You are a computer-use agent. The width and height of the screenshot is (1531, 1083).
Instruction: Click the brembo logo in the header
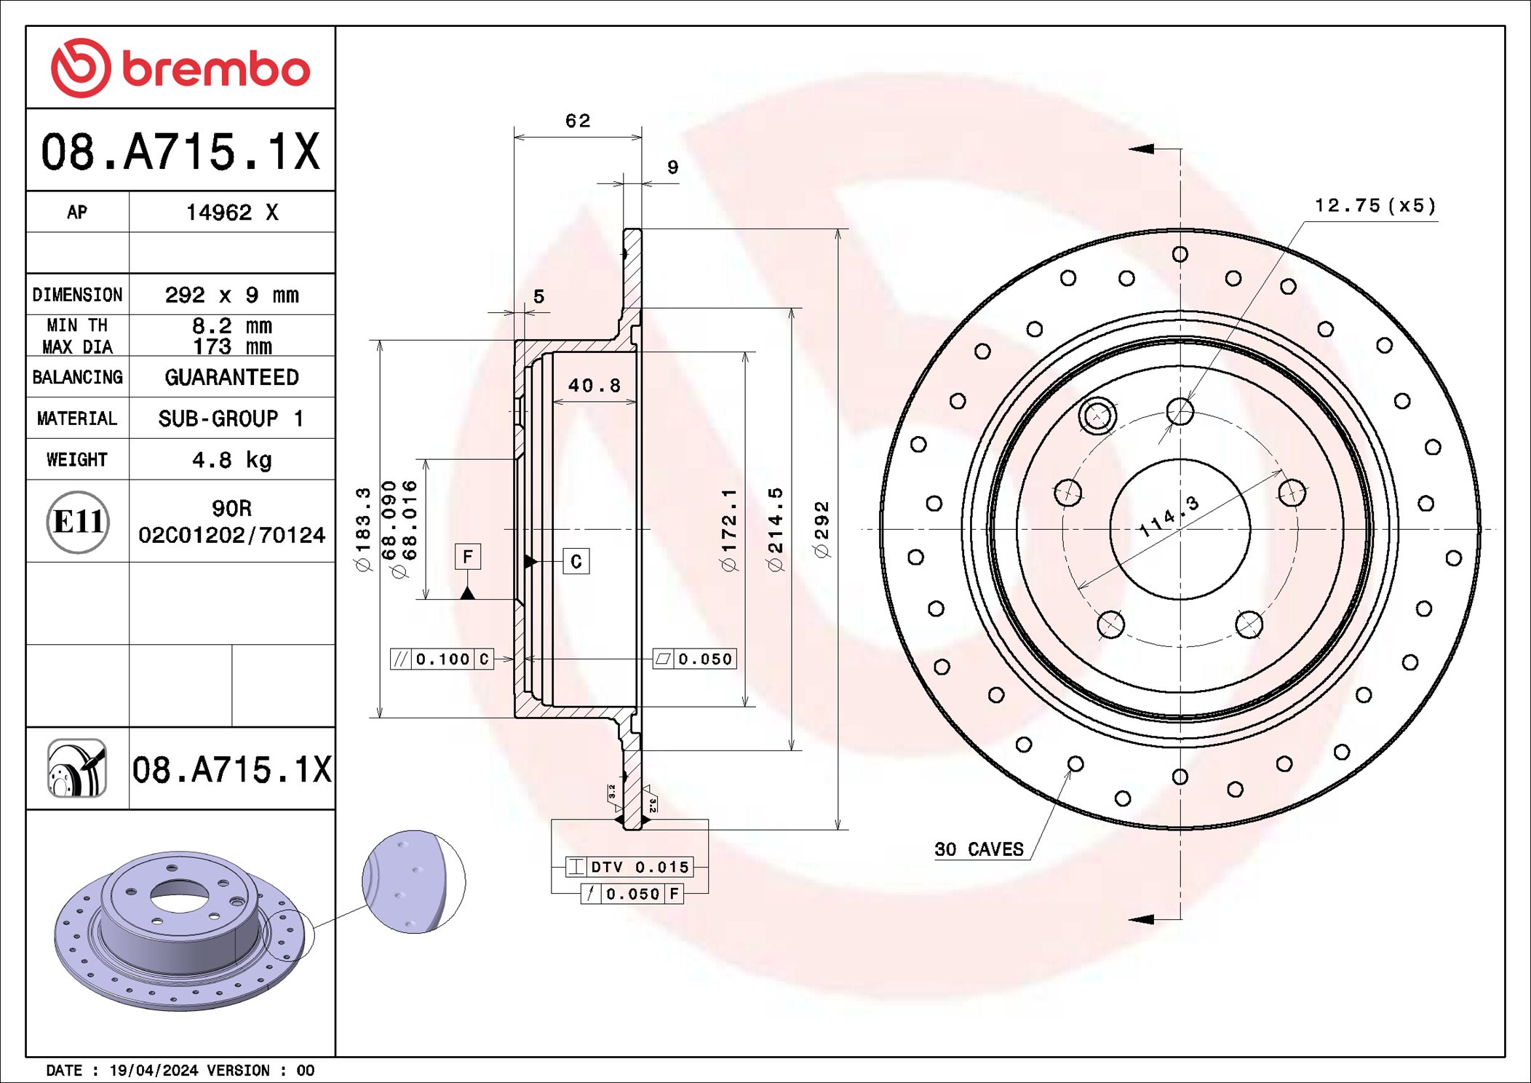pos(180,68)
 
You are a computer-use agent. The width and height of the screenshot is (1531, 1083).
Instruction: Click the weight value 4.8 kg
pos(231,460)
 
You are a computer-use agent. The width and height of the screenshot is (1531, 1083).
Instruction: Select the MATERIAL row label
pos(77,418)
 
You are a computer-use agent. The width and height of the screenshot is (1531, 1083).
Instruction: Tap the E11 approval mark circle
pos(78,522)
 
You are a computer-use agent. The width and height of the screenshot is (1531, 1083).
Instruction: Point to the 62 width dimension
pos(578,121)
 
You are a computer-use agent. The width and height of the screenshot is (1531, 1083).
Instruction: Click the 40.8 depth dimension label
pos(594,385)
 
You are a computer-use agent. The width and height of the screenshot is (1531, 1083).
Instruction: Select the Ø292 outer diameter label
pos(822,529)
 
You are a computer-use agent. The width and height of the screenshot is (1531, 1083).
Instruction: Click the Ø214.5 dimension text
pos(776,529)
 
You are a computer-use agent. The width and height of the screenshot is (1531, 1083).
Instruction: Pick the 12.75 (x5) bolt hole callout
pos(1375,206)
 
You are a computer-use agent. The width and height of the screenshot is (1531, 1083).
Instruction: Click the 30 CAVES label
pos(979,849)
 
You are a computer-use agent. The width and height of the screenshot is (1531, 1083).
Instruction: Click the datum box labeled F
pos(468,557)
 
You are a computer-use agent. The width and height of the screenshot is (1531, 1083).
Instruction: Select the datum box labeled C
pos(576,561)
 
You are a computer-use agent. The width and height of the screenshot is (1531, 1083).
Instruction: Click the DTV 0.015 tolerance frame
pos(629,867)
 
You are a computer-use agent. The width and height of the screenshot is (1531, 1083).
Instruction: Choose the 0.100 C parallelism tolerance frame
pos(442,659)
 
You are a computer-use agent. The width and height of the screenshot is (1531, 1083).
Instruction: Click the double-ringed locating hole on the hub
pos(1097,416)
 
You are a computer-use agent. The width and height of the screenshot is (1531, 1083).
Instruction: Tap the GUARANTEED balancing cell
pos(231,377)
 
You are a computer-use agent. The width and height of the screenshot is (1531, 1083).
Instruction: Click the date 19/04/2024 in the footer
pos(154,1071)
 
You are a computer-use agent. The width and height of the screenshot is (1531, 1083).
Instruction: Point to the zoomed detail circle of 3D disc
pos(413,881)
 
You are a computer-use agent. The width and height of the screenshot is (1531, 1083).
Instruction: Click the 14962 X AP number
pos(231,213)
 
